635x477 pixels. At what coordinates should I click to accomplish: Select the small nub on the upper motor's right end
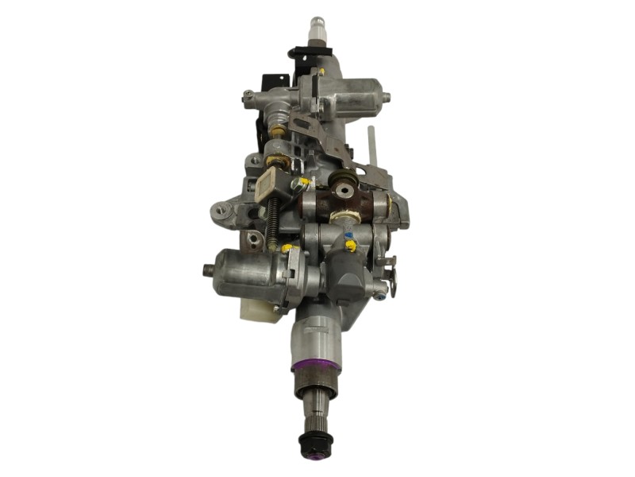(x=387, y=99)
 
